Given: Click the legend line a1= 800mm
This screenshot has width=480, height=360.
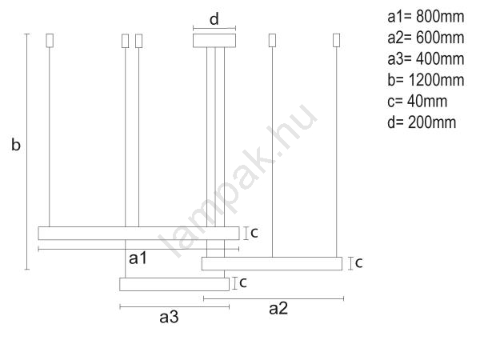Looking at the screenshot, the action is (x=426, y=17).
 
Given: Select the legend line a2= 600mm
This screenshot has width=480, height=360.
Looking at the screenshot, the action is (x=426, y=38).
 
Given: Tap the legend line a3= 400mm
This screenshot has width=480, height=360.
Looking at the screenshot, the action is (x=426, y=58).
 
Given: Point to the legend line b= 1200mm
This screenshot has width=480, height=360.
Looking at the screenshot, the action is (x=426, y=80).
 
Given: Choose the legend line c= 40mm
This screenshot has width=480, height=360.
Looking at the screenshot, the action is (x=418, y=101).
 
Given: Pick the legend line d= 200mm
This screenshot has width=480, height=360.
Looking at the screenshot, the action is (x=422, y=122).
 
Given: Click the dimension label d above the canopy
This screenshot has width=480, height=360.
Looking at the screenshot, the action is (x=214, y=19).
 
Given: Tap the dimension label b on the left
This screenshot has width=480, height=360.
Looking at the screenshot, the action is (x=16, y=144).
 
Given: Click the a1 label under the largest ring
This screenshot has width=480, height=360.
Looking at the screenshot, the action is (x=138, y=258).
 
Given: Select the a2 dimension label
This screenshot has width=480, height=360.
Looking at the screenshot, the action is (x=278, y=308).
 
